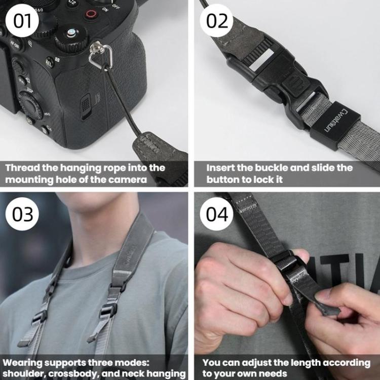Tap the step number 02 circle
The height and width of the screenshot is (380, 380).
pyautogui.click(x=216, y=21)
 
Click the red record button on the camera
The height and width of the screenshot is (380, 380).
pyautogui.click(x=91, y=14)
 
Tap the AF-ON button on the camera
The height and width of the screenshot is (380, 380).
pyautogui.click(x=16, y=44)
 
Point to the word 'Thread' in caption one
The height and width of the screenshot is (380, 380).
pyautogui.click(x=21, y=168)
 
